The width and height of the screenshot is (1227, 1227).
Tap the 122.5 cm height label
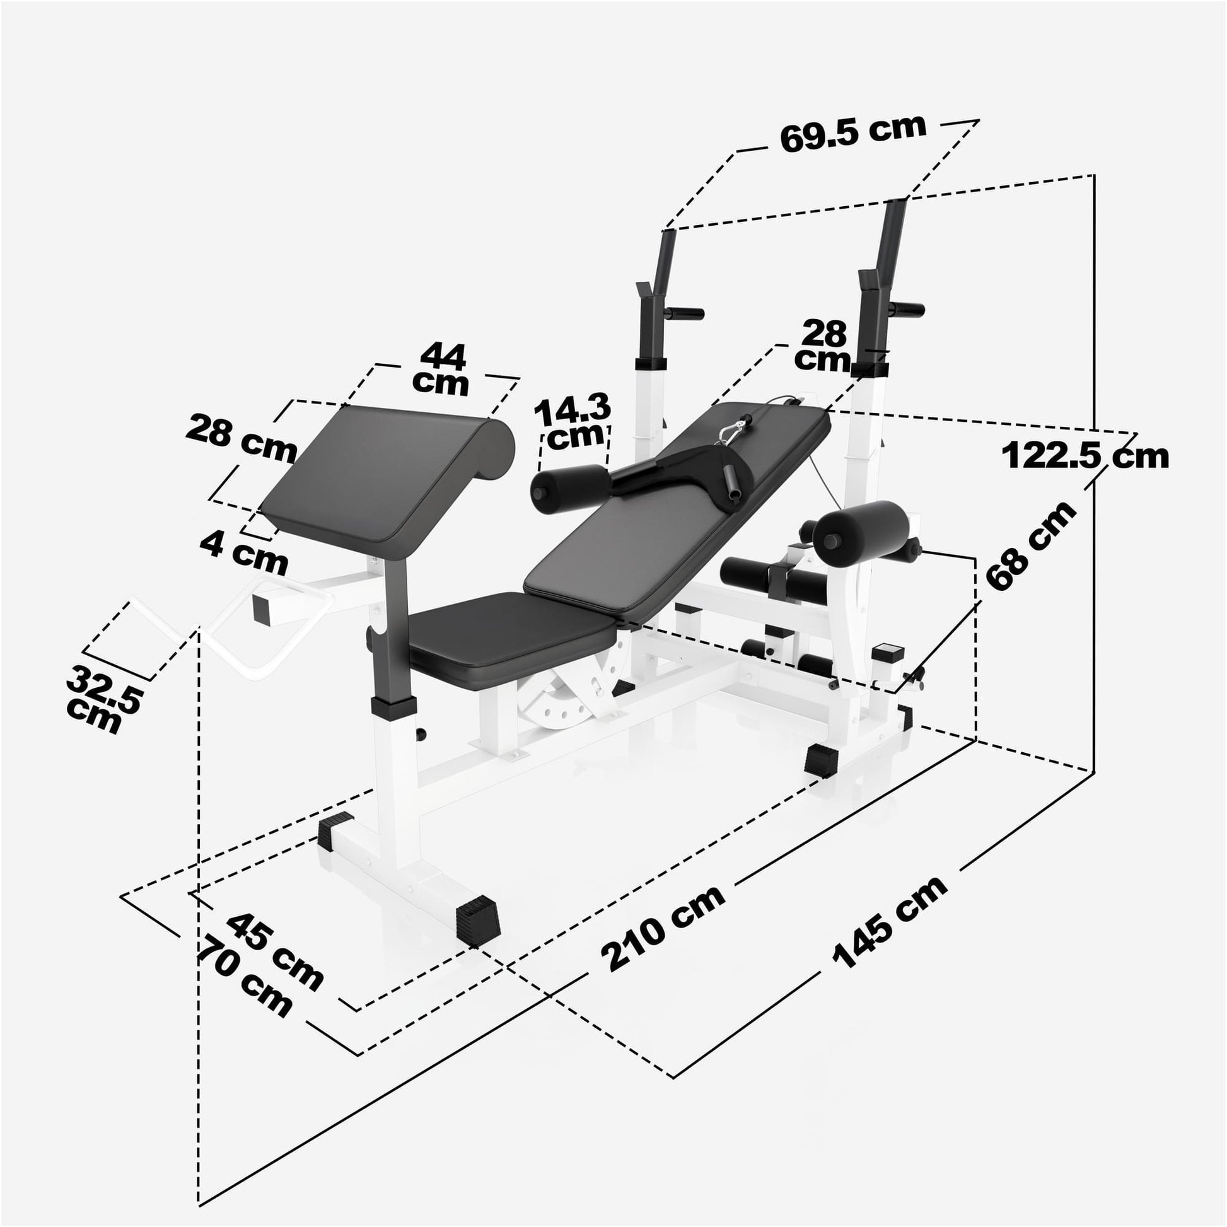pos(1085,456)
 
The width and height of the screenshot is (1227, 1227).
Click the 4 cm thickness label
pos(244,551)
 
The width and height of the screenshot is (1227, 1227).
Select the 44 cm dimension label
pos(441,369)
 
